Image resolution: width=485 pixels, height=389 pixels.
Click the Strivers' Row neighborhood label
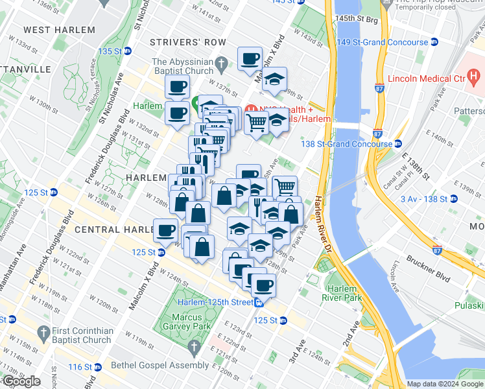(187, 42)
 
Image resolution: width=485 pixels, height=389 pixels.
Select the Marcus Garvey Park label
(192, 322)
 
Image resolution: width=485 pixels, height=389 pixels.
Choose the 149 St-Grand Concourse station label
(382, 43)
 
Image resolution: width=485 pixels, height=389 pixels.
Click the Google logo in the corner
(21, 381)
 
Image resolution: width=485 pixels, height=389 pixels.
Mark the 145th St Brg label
(357, 20)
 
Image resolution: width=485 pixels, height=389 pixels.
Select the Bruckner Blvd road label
(429, 259)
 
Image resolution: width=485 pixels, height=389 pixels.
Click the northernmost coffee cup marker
(250, 60)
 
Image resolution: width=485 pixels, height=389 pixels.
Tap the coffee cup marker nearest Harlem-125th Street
(263, 285)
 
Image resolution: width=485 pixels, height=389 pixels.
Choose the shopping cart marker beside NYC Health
(257, 121)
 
